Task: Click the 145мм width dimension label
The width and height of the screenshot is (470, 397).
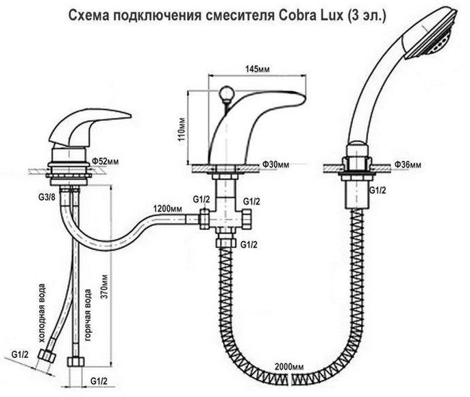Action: pyautogui.click(x=257, y=69)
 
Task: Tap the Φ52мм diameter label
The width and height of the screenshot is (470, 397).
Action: pyautogui.click(x=106, y=162)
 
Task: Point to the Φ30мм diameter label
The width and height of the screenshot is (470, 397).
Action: pyautogui.click(x=275, y=164)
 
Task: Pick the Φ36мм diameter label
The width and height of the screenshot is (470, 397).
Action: pyautogui.click(x=408, y=164)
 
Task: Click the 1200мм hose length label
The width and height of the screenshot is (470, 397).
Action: pyautogui.click(x=167, y=208)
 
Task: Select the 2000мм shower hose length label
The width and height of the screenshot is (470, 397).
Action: pyautogui.click(x=289, y=366)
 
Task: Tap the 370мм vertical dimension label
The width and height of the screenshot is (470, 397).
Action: pyautogui.click(x=104, y=286)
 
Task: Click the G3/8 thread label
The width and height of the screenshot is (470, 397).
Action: pyautogui.click(x=47, y=198)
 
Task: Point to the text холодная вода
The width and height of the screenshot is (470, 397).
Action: pyautogui.click(x=42, y=313)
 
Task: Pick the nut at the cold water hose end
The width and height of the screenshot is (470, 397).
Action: pyautogui.click(x=47, y=356)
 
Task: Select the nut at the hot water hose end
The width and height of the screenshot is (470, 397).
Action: pyautogui.click(x=75, y=361)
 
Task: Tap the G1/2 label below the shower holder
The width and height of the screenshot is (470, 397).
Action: pyautogui.click(x=377, y=190)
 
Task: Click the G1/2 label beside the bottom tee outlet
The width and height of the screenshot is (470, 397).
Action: pyautogui.click(x=249, y=244)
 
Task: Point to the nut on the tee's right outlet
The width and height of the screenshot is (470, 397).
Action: pyautogui.click(x=247, y=219)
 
